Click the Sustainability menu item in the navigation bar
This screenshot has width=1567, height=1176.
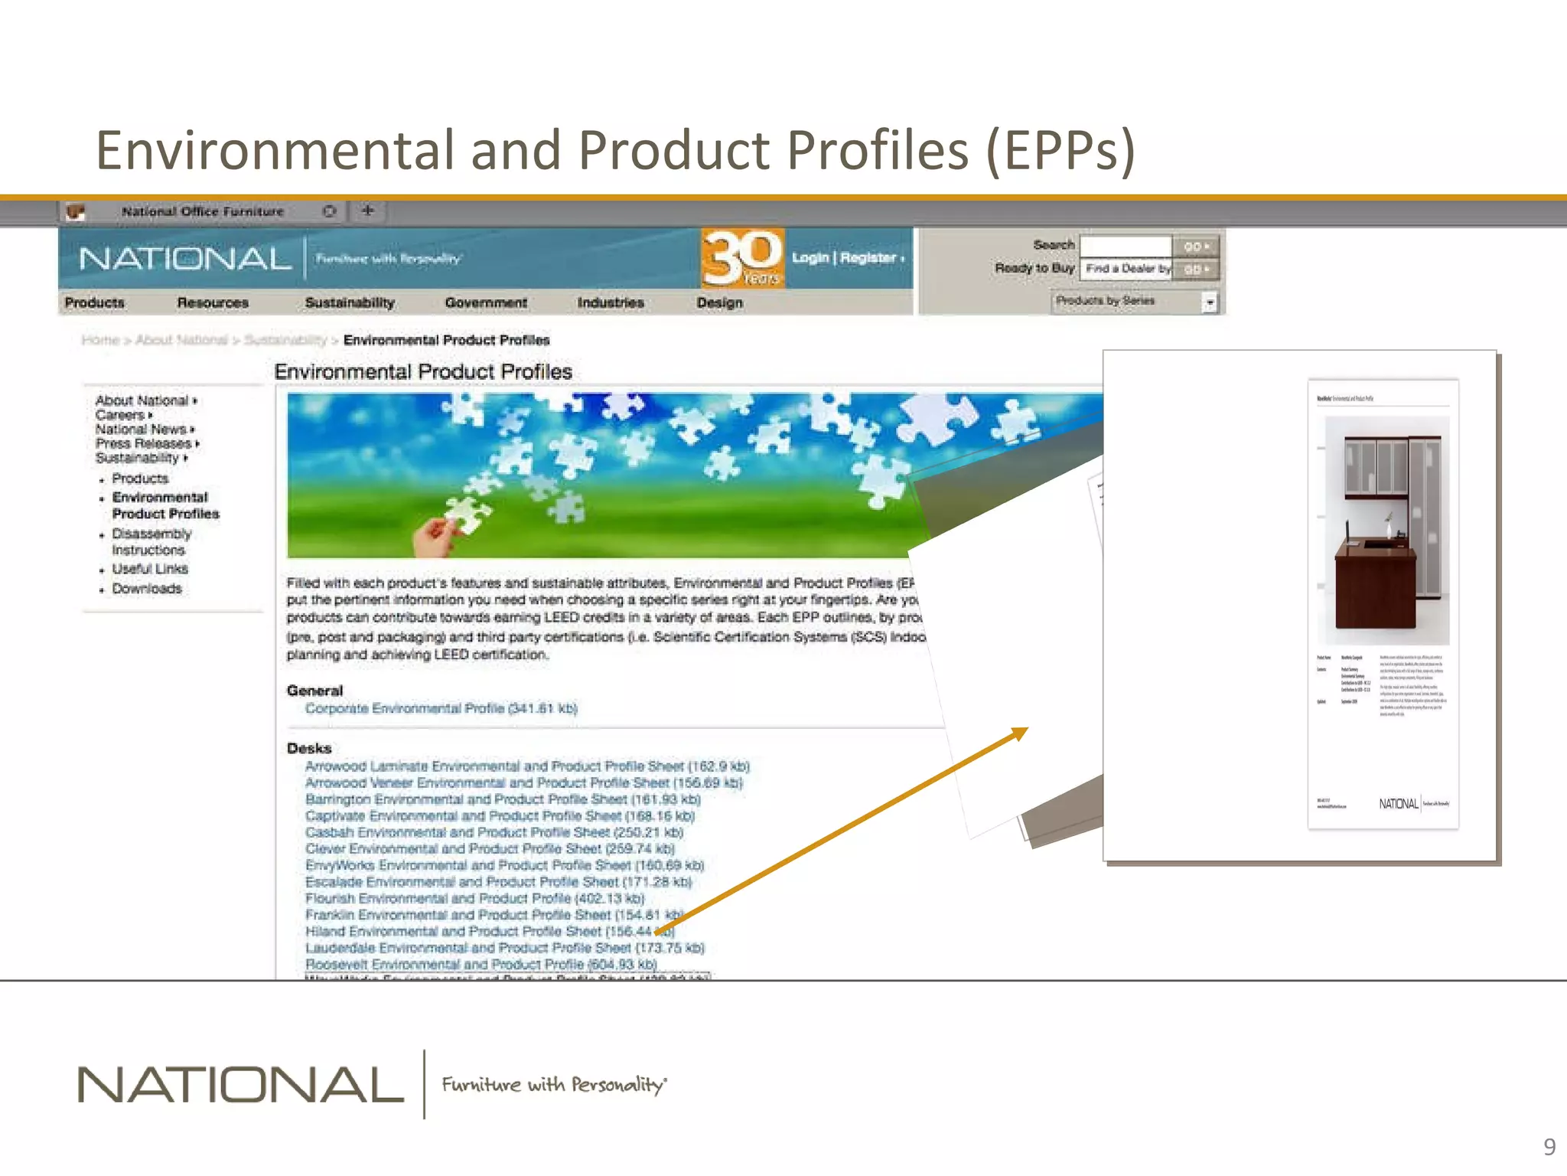(x=350, y=302)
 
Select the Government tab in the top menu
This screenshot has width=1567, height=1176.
(x=486, y=302)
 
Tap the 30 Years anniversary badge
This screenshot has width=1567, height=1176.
(x=742, y=258)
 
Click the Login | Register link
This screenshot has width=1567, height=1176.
(x=846, y=258)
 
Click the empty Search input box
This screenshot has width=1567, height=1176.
(x=1125, y=246)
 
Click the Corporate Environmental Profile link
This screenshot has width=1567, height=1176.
(x=441, y=708)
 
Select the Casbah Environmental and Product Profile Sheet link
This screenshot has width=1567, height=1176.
(x=494, y=832)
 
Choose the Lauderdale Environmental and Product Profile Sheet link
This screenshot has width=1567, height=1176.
(x=504, y=948)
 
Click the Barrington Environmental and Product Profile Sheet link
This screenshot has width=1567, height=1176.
(x=503, y=799)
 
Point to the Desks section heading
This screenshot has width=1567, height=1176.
(x=309, y=748)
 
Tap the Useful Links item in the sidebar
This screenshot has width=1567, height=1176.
(x=150, y=569)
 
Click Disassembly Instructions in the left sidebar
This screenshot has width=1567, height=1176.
(x=151, y=541)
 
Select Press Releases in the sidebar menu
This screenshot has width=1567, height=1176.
(x=144, y=443)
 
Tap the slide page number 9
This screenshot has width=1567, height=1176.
(x=1549, y=1147)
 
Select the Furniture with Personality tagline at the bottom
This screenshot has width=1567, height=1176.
(x=553, y=1084)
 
